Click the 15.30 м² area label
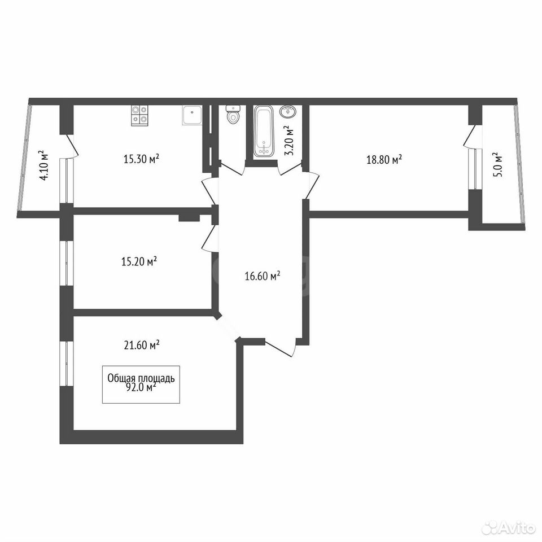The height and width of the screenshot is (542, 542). click(141, 159)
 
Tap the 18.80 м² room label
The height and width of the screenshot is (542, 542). click(384, 159)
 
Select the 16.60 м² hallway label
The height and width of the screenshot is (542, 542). click(263, 276)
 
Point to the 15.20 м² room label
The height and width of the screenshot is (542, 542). click(139, 261)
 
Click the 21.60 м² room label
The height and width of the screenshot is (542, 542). click(141, 344)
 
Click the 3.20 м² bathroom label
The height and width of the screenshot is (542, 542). click(289, 141)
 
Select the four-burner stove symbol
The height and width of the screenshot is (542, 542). click(139, 115)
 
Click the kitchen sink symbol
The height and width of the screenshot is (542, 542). click(191, 115)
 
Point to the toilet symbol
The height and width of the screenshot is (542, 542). click(233, 114)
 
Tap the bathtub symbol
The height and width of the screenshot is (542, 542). click(264, 131)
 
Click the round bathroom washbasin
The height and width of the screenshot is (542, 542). click(287, 112)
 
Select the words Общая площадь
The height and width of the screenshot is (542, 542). click(141, 378)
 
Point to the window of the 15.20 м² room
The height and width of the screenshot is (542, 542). click(67, 263)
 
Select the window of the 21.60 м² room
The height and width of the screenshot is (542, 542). click(67, 364)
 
